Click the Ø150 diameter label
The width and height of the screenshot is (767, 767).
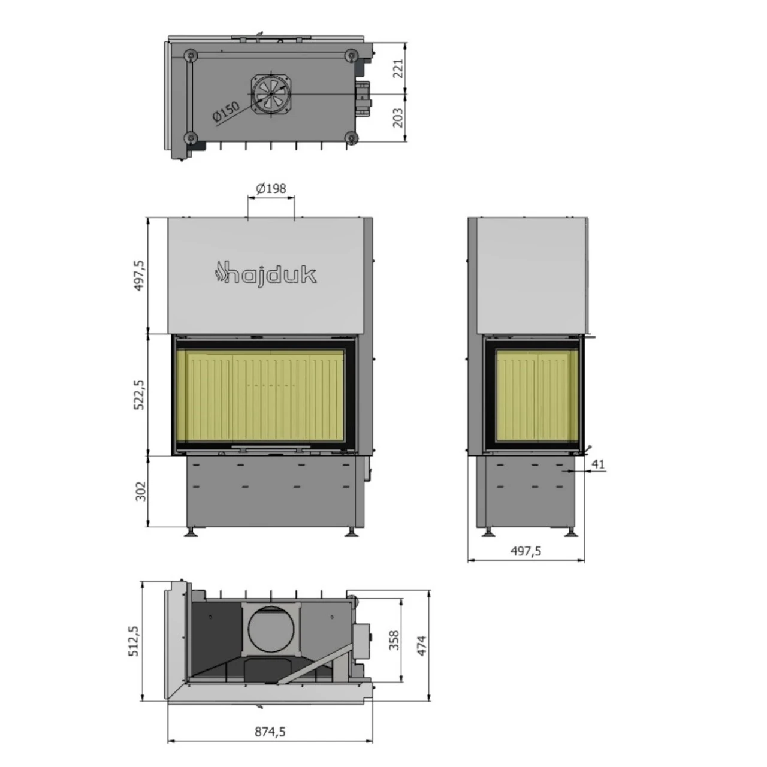(x=226, y=112)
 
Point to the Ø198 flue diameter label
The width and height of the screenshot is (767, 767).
(x=271, y=188)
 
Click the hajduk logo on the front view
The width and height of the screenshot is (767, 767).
(x=265, y=274)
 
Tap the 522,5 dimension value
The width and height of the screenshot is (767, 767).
(x=139, y=394)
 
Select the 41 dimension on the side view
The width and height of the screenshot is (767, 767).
(x=598, y=463)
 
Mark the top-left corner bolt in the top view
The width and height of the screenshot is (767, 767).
(x=190, y=55)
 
